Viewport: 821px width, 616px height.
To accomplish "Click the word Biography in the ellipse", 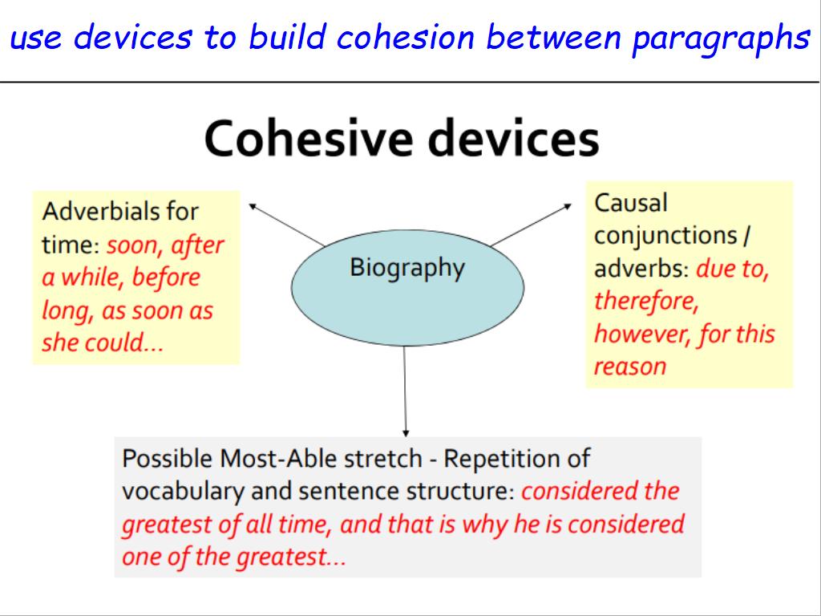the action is coord(406,268).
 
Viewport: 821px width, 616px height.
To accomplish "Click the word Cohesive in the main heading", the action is coord(308,138).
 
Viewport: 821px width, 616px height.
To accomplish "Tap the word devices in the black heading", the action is coord(514,138).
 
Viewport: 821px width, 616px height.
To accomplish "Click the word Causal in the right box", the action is coord(631,203).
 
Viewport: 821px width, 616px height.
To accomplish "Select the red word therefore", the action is coord(646,302).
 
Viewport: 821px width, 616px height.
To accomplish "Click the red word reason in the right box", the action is coord(630,367).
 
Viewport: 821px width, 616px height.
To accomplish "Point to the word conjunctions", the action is coord(666,237).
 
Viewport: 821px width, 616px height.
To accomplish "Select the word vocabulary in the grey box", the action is coord(183,492).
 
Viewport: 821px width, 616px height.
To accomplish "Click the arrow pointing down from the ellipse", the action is coord(405,391).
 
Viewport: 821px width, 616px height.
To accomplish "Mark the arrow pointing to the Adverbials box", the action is coord(286,225).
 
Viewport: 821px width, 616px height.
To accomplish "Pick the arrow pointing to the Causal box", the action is coord(531,225).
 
